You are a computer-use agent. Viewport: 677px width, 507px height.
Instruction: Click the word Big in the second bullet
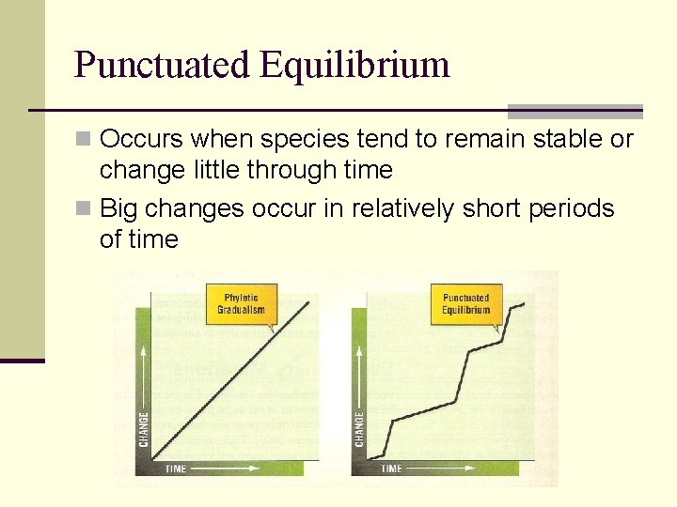(x=118, y=208)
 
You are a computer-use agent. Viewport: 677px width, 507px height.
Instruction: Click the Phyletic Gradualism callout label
(x=241, y=304)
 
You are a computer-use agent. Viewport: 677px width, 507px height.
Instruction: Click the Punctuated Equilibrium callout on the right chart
(x=465, y=304)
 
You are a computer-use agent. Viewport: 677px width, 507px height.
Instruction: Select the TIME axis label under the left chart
(x=176, y=468)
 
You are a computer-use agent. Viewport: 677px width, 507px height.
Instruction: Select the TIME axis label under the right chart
(x=392, y=468)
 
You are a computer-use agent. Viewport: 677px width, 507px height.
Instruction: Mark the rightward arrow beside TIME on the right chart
(x=433, y=468)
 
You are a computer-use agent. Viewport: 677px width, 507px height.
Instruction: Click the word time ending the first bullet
(x=368, y=171)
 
